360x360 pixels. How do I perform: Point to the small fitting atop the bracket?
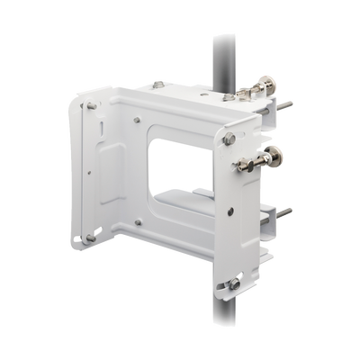(158, 84)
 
